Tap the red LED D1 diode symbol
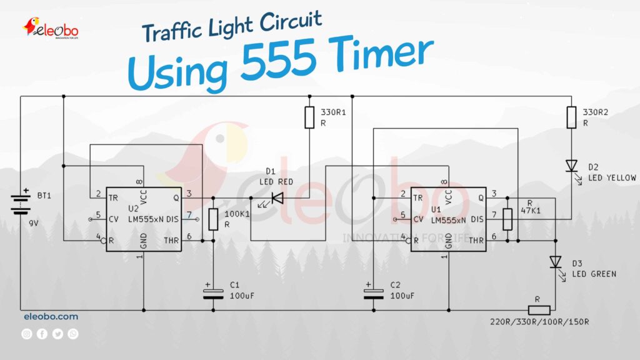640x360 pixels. pos(275,199)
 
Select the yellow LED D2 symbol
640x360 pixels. pos(571,166)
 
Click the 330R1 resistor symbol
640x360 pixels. pos(309,117)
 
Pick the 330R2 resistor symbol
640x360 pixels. pos(571,117)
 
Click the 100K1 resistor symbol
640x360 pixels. pos(212,219)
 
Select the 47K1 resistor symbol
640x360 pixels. pos(507,219)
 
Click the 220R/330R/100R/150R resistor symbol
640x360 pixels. pos(539,310)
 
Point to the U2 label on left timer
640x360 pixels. pos(133,208)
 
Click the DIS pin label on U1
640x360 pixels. pos(477,219)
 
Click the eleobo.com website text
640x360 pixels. pos(51,317)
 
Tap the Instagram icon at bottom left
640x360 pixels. pos(27,334)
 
